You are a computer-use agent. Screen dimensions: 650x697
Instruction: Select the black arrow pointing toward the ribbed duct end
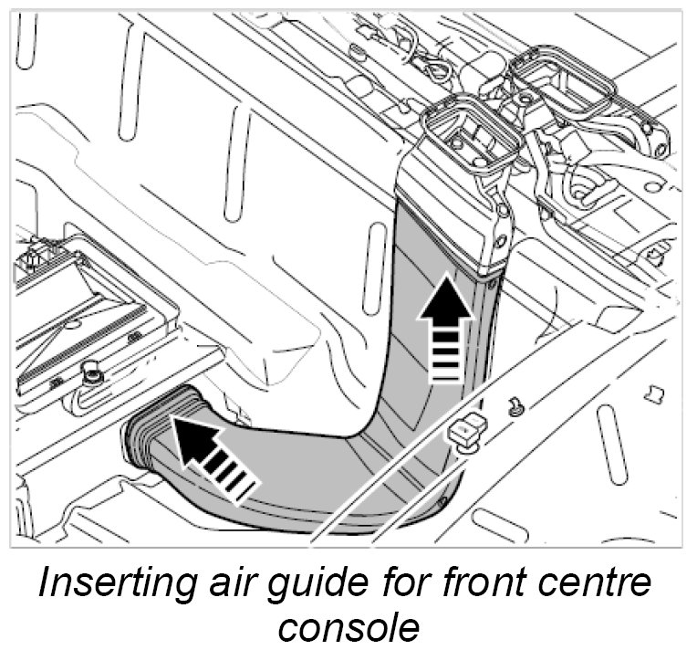coord(210,456)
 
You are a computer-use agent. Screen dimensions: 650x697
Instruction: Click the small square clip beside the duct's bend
coord(468,429)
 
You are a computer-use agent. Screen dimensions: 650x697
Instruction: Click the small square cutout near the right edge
coord(651,394)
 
